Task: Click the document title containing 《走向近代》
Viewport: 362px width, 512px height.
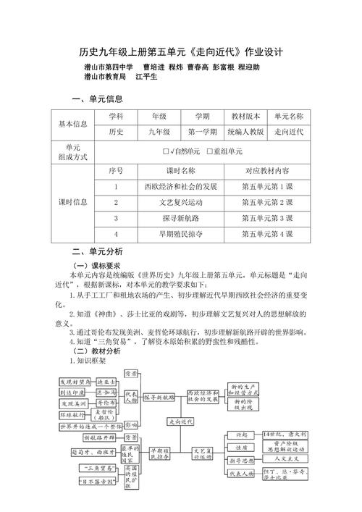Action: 180,53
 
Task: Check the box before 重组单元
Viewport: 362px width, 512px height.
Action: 210,152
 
